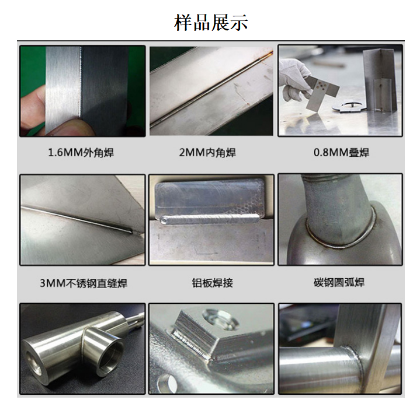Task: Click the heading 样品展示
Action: (x=211, y=23)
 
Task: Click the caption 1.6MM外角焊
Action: (x=81, y=153)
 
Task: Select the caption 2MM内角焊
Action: (x=207, y=153)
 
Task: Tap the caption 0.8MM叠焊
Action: (x=341, y=153)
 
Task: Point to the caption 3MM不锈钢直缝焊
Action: (x=84, y=283)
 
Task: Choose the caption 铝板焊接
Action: (x=212, y=283)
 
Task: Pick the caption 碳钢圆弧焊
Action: (x=339, y=283)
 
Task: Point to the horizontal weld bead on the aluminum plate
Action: (x=210, y=219)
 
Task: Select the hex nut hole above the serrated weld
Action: (x=221, y=319)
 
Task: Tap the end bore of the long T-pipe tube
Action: (x=34, y=362)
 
